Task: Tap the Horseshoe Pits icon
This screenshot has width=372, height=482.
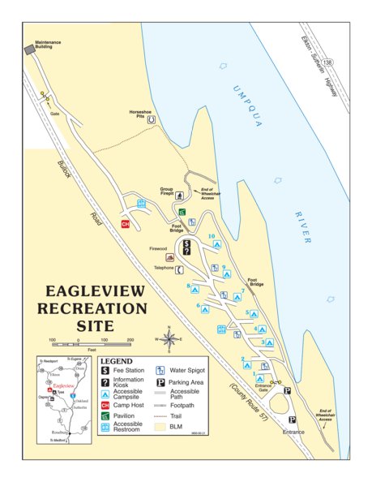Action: [152, 118]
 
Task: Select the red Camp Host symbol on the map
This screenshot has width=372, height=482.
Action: [126, 225]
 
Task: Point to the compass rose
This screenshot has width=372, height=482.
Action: [169, 338]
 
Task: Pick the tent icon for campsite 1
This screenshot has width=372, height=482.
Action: [259, 378]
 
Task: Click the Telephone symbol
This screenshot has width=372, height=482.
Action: [178, 269]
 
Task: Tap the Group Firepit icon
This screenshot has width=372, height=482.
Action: [179, 195]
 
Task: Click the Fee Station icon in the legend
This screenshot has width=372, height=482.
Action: [105, 371]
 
